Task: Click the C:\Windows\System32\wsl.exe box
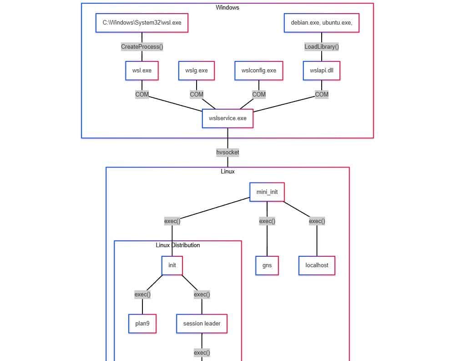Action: pos(142,23)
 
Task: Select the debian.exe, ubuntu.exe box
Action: pos(321,23)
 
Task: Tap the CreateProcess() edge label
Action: pos(142,46)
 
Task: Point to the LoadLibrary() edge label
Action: pos(322,46)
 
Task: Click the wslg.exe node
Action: pos(197,71)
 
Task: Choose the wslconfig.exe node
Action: pos(259,71)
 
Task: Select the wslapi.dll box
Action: pos(322,71)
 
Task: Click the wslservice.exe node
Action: pos(227,118)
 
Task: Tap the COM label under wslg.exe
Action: pos(197,94)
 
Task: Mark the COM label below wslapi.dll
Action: pos(322,94)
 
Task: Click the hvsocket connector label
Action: pos(227,153)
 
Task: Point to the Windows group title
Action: pos(227,7)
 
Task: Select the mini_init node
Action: pos(267,192)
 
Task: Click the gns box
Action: pos(267,265)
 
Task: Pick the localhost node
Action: pos(317,265)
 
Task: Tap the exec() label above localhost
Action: pos(317,221)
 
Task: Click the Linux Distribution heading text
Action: pos(177,245)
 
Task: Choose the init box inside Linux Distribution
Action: pos(172,265)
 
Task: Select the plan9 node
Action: pos(142,324)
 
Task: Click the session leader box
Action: pos(202,324)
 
